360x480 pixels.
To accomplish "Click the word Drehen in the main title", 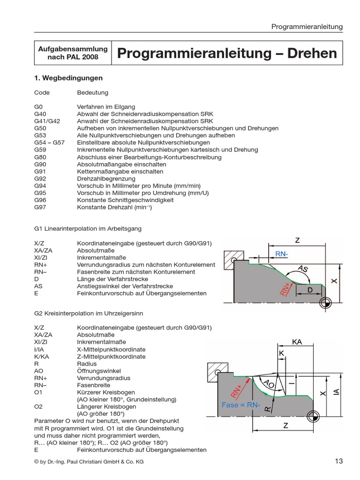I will [x=312, y=53].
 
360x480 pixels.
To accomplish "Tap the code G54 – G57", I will [x=50, y=142].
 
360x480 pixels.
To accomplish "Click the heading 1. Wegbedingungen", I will [x=68, y=78].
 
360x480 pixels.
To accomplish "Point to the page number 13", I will [x=339, y=461].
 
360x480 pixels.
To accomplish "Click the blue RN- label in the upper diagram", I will [x=282, y=254].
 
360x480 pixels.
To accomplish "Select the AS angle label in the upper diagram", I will [x=303, y=269].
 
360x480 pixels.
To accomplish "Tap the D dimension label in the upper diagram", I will [x=309, y=290].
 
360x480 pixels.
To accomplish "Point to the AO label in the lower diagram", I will [x=269, y=384].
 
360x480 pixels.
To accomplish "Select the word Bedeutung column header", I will [x=92, y=93].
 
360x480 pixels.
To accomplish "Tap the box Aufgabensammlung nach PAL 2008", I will [x=73, y=53].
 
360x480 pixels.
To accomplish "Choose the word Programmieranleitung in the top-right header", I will [x=307, y=27].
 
